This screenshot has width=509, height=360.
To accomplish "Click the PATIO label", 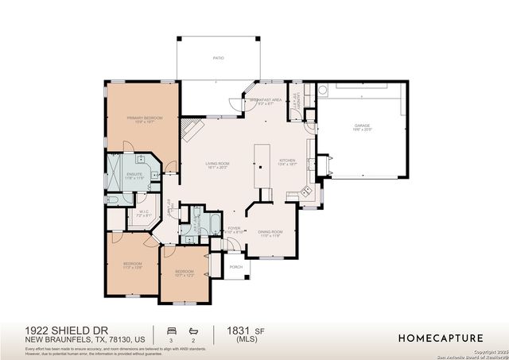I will pyautogui.click(x=217, y=58).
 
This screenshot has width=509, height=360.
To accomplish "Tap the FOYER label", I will pyautogui.click(x=235, y=230).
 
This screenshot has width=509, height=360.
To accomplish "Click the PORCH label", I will pyautogui.click(x=235, y=267).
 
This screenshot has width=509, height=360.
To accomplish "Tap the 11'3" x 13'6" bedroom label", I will pyautogui.click(x=132, y=265).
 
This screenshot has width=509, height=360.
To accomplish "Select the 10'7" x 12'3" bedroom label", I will pyautogui.click(x=184, y=273).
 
